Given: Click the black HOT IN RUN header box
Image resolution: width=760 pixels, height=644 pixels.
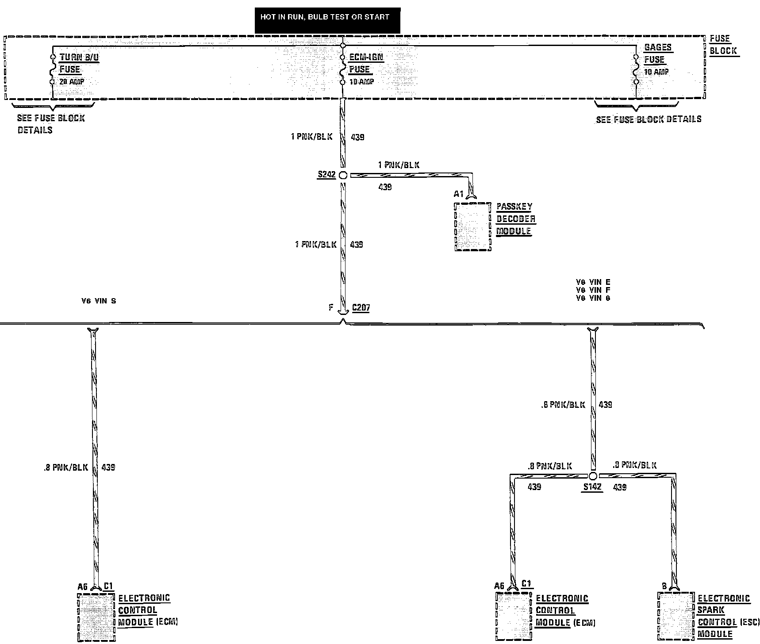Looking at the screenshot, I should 327,20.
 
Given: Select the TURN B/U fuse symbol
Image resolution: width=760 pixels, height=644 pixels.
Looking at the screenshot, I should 53,69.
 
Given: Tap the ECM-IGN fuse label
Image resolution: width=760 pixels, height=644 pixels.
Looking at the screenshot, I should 365,63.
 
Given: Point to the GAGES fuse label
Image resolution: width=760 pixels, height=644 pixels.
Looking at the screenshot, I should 657,53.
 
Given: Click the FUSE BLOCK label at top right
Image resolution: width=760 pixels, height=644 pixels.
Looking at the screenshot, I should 723,45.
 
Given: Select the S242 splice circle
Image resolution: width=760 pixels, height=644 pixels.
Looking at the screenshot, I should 343,175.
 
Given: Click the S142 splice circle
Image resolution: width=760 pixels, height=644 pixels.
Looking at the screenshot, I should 593,476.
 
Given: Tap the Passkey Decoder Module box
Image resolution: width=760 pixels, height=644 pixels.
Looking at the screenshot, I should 472,227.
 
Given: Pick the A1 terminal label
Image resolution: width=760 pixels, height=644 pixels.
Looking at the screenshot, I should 458,194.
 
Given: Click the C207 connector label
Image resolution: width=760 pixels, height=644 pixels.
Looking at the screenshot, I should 361,307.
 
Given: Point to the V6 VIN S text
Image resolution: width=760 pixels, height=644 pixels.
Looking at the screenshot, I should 99,301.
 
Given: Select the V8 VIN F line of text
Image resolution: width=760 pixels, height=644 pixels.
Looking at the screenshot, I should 593,290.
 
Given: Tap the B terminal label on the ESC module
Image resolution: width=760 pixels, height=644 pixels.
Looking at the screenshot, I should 664,586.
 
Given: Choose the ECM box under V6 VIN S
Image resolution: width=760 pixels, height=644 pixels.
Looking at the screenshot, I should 96,617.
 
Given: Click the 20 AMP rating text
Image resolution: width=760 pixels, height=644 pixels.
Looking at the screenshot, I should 72,82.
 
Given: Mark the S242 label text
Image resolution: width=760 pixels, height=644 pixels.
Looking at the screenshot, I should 326,175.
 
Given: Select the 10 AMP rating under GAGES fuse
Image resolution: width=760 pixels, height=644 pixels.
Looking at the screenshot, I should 656,72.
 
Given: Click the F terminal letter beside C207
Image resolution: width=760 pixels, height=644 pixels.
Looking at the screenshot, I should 331,307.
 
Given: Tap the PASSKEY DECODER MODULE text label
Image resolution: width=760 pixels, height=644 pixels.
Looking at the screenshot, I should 515,219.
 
